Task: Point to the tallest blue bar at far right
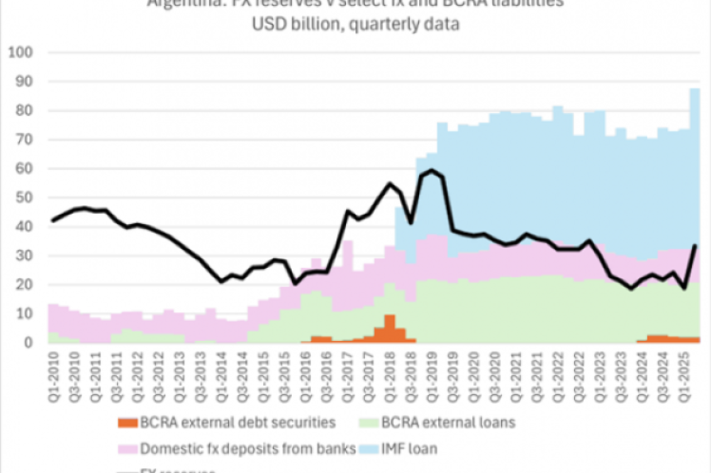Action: [x=695, y=142]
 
